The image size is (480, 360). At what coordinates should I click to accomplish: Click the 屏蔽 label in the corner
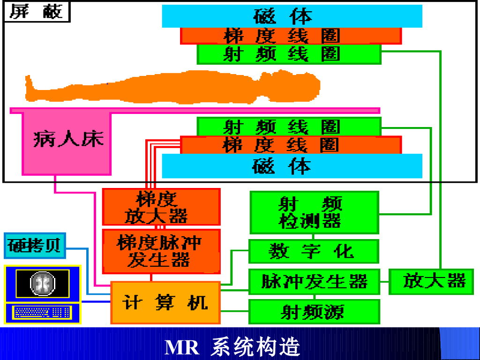[x=36, y=12]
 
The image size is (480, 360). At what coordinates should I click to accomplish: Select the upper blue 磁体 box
[x=292, y=16]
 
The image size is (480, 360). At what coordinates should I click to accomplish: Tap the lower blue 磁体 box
[x=292, y=166]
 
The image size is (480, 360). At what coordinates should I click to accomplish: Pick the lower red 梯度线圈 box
[x=291, y=145]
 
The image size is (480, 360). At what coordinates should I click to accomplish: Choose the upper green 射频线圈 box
[x=289, y=54]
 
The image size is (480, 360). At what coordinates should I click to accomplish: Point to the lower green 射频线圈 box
[x=289, y=127]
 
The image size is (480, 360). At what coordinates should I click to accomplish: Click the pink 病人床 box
[x=67, y=141]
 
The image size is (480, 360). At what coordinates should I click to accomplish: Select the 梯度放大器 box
[x=161, y=207]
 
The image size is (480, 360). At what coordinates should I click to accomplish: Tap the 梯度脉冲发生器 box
[x=161, y=251]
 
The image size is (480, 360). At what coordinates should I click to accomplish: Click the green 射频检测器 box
[x=314, y=212]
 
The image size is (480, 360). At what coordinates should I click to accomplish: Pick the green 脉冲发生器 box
[x=314, y=282]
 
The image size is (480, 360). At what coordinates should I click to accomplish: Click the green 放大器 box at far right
[x=434, y=281]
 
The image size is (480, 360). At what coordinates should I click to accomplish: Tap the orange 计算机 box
[x=165, y=302]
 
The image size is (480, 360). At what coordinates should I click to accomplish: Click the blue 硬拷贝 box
[x=35, y=246]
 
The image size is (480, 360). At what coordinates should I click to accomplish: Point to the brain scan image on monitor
[x=43, y=284]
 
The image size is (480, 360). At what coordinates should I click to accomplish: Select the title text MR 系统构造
[x=232, y=347]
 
